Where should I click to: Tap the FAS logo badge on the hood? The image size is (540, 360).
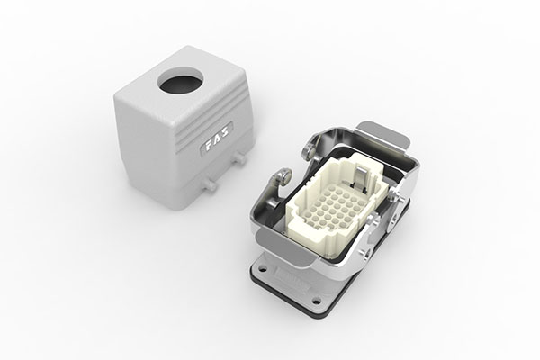[x=217, y=139]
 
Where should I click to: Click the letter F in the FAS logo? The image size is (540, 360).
[x=210, y=147]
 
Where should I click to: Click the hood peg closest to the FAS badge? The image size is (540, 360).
[x=239, y=158]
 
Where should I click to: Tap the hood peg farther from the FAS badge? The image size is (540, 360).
[x=210, y=185]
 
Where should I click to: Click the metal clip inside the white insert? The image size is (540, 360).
[x=360, y=177]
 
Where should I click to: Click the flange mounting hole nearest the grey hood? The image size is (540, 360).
[x=263, y=268]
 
